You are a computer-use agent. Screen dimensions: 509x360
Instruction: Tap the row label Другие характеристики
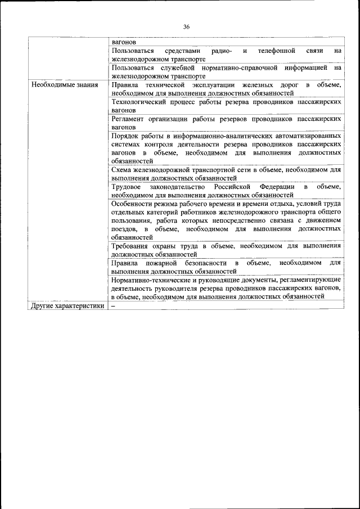[x=68, y=306]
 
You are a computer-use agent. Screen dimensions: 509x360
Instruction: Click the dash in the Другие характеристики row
[x=113, y=306]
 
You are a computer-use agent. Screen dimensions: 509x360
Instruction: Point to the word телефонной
[x=277, y=51]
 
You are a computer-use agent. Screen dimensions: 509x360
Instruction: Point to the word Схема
[x=121, y=169]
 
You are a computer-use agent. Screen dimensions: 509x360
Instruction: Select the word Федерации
[x=277, y=186]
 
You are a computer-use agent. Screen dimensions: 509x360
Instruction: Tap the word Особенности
[x=134, y=203]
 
